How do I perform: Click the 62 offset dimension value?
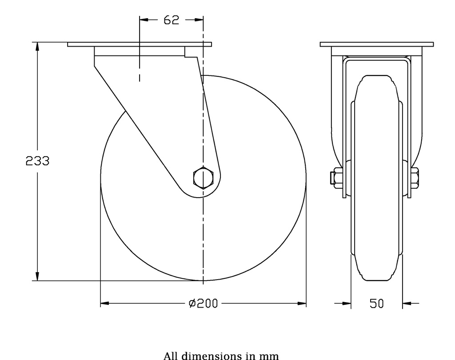coord(171,20)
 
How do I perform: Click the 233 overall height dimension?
coord(37,161)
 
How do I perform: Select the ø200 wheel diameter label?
coord(203,304)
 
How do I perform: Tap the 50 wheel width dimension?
coord(377,304)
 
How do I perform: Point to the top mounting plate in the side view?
coord(140,44)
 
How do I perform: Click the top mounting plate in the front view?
coord(376,44)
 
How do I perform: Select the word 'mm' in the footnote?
coord(271,356)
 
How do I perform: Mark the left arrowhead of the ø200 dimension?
coord(104,304)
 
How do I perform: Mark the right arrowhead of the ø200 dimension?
coord(302,304)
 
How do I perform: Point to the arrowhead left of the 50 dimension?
coord(347,304)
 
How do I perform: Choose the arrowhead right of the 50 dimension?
coord(407,304)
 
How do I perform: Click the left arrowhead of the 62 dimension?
coord(144,20)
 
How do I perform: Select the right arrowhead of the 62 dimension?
coord(200,20)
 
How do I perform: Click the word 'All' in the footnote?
coord(171,356)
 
